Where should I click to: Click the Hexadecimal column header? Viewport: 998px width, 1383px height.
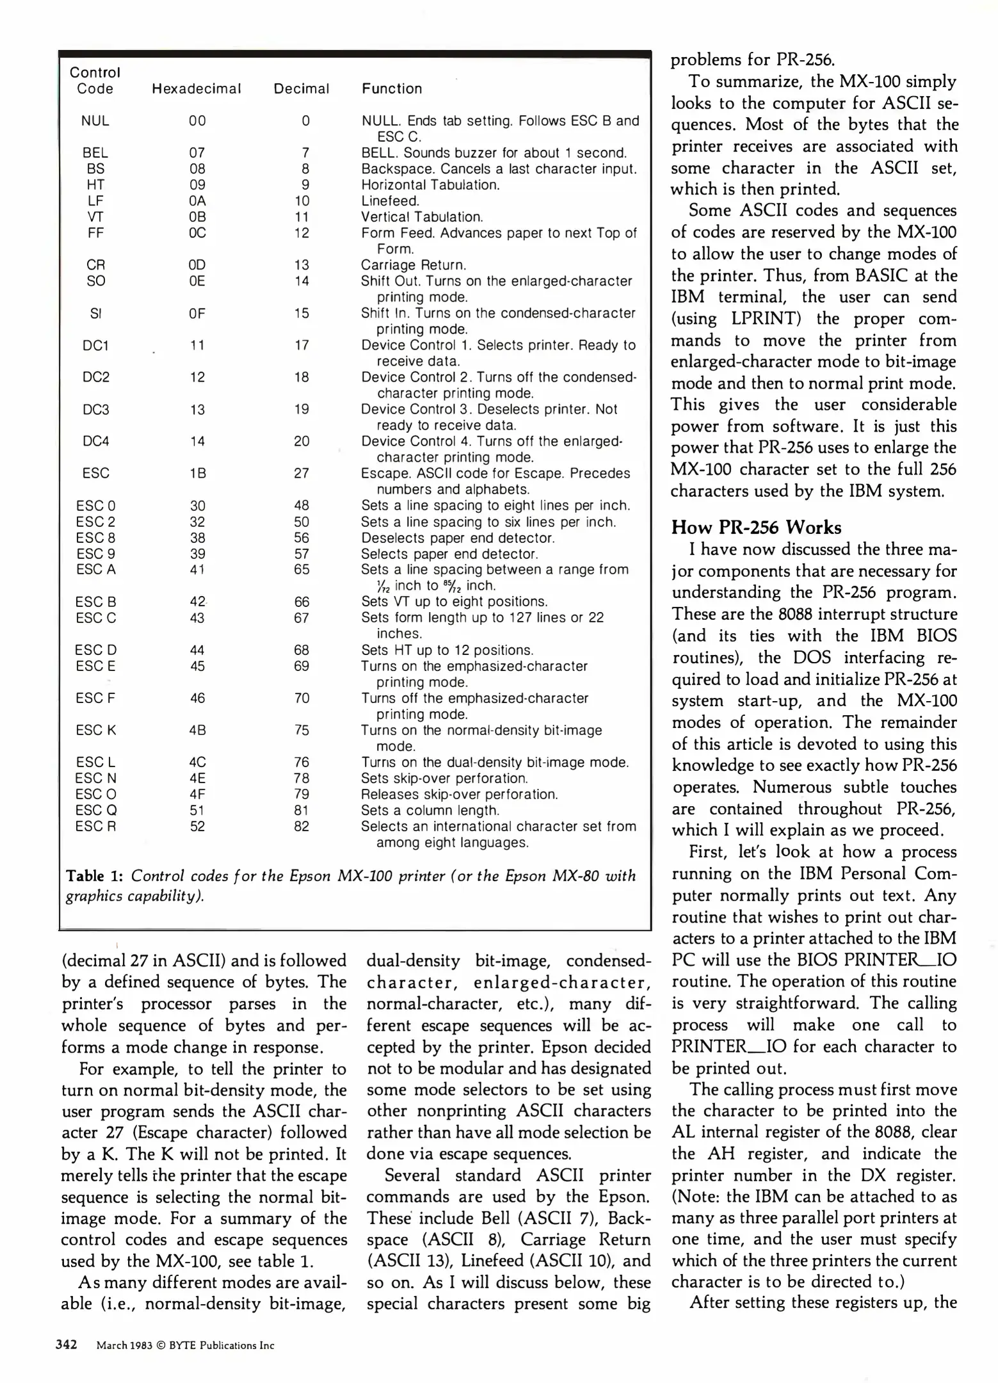pos(197,89)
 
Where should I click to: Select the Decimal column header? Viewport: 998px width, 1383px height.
pos(302,89)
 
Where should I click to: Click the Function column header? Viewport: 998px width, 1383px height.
pos(392,89)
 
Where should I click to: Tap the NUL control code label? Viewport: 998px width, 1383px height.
pos(95,121)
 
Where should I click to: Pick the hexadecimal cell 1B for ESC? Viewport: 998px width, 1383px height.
pos(197,474)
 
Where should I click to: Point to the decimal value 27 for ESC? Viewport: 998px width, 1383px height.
pos(302,474)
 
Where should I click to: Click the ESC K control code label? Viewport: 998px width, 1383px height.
pos(95,731)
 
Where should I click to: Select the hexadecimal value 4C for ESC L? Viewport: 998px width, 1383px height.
pos(197,763)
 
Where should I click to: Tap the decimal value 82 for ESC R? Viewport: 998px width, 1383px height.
pos(302,827)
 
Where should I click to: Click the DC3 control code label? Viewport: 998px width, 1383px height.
pos(95,410)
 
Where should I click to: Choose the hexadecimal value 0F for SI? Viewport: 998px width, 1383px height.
pos(197,314)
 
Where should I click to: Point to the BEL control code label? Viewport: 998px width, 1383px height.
pos(95,153)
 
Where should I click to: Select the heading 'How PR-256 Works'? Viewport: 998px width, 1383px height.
pos(756,528)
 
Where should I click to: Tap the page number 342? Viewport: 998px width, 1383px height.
pos(67,1345)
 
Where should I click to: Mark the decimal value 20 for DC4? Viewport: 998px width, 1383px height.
pos(302,442)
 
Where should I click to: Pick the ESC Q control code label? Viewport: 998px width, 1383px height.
pos(95,811)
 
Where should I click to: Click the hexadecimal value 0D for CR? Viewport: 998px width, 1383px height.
pos(197,265)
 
